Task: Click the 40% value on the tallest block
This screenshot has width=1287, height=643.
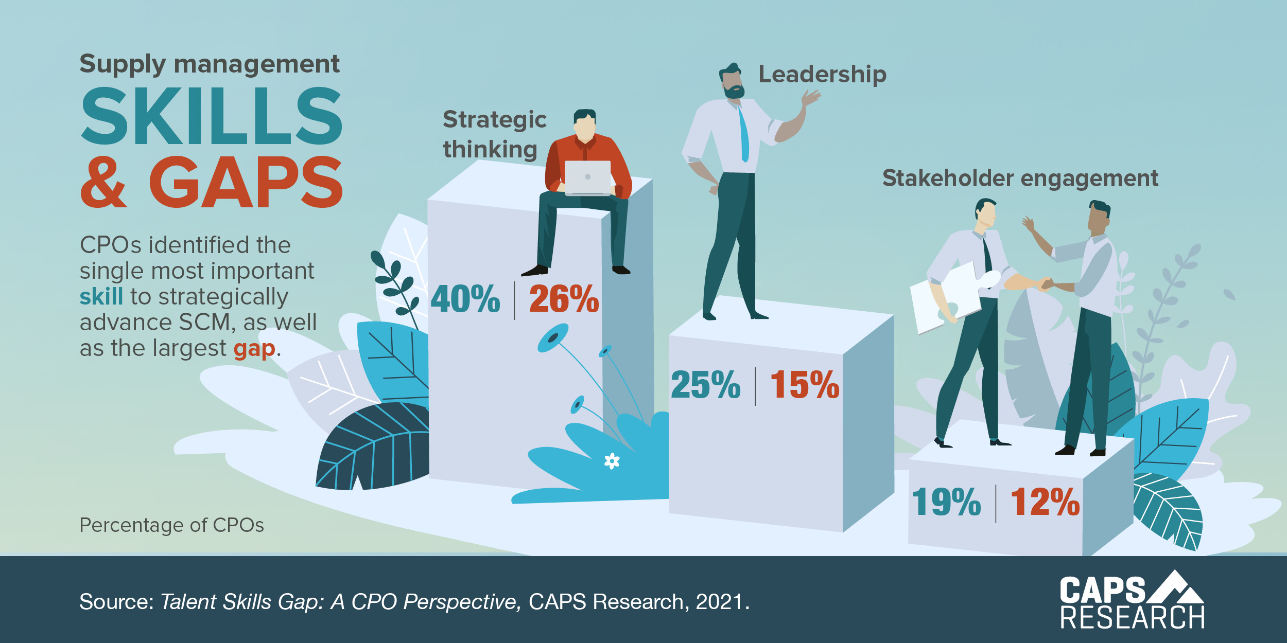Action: click(x=465, y=299)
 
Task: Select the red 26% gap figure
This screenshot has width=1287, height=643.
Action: click(x=564, y=299)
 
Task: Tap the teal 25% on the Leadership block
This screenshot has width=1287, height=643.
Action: click(x=706, y=385)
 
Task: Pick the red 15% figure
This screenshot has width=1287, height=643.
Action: click(x=805, y=385)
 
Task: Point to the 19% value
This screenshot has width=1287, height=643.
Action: click(x=946, y=503)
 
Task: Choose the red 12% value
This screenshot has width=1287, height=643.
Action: click(x=1045, y=503)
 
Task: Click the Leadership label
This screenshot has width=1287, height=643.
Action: click(x=822, y=75)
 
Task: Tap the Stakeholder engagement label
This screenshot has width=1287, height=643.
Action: click(x=1020, y=178)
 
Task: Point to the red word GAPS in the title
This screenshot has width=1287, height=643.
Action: click(x=246, y=183)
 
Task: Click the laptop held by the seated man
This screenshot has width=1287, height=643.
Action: click(x=587, y=178)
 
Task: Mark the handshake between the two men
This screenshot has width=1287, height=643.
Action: click(x=1045, y=283)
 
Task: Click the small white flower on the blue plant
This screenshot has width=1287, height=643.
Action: click(x=612, y=461)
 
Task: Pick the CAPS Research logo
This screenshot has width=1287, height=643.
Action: click(x=1132, y=601)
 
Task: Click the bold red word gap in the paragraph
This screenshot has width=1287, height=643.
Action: click(x=254, y=349)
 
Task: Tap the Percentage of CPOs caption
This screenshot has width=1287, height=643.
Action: click(x=171, y=525)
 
